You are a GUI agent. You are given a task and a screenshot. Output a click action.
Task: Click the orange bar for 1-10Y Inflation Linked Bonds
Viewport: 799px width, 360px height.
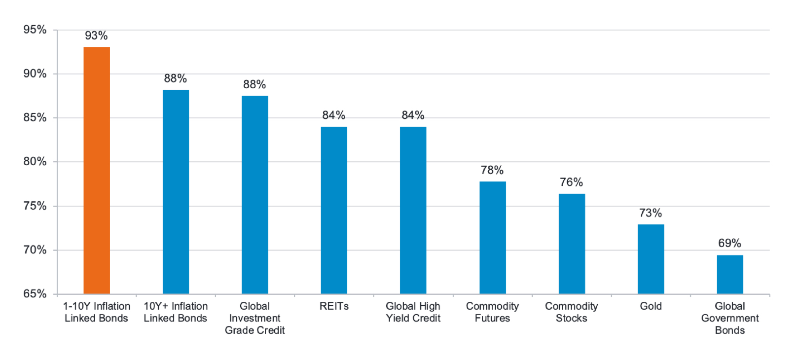pos(97,170)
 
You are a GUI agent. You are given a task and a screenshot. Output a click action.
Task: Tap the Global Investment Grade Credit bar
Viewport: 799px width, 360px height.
pos(255,195)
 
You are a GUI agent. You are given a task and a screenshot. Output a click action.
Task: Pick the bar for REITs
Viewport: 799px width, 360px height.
pos(334,210)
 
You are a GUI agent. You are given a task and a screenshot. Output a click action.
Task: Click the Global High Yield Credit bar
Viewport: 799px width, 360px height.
pos(413,210)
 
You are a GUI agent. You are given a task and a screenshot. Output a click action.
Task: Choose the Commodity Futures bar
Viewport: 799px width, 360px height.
pos(492,238)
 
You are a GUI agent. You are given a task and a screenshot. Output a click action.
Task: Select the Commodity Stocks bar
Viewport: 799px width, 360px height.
pos(572,244)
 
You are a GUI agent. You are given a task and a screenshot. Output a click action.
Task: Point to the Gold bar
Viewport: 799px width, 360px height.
pos(651,259)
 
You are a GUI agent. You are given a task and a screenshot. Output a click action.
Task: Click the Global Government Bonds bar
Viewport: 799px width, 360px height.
pos(730,274)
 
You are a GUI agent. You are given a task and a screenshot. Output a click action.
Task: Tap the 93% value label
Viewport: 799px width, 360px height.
pos(96,36)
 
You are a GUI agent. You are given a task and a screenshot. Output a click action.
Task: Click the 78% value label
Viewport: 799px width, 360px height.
pos(492,170)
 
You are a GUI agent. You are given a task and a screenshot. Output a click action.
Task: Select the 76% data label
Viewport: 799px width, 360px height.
pos(571,182)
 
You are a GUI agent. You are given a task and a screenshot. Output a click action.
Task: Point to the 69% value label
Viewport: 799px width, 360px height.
pos(729,243)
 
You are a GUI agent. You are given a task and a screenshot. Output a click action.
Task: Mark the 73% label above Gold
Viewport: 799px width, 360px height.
pos(651,213)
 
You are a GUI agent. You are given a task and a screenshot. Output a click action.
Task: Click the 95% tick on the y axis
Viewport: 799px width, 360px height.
pos(35,30)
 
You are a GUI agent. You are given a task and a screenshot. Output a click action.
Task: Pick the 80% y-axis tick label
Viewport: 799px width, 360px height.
pos(35,161)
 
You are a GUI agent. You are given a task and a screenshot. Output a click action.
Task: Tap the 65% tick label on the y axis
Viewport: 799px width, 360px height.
pos(35,293)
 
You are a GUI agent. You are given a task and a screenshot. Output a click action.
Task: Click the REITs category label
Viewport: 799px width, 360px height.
pos(334,306)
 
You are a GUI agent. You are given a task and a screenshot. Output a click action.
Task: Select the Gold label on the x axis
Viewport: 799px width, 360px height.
pos(651,306)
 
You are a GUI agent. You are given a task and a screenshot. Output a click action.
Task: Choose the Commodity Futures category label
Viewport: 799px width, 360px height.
pos(492,312)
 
